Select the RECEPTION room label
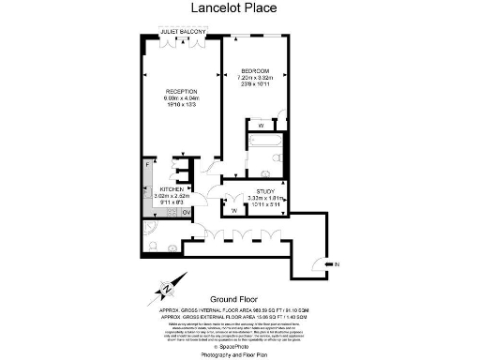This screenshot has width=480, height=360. tap(181, 91)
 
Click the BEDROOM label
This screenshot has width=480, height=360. tap(256, 71)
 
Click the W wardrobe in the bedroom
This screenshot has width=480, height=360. tap(260, 125)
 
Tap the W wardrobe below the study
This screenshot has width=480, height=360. tap(232, 211)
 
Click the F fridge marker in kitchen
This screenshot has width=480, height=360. tap(148, 165)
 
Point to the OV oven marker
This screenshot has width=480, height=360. tap(186, 212)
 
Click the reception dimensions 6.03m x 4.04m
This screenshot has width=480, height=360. tap(181, 97)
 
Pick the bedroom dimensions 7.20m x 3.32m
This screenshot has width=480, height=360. tap(256, 79)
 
